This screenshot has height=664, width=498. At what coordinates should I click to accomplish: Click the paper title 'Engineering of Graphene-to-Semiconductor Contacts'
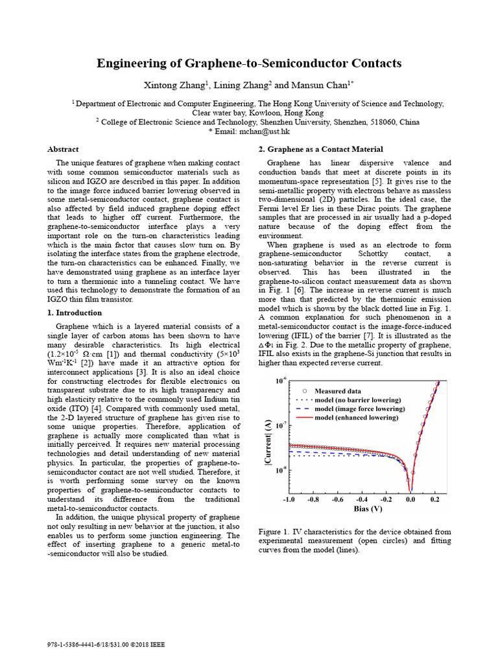tap(249, 64)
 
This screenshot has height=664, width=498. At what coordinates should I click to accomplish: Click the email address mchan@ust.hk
tap(262, 131)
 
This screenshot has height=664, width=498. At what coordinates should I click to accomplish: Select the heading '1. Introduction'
tap(75, 313)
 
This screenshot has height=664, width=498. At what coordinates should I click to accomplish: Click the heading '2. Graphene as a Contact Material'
tap(320, 149)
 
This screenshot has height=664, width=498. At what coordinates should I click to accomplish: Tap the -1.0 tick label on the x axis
tap(290, 500)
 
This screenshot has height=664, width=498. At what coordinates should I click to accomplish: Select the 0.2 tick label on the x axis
tap(434, 500)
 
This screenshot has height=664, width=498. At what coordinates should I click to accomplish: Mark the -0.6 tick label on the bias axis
tap(338, 500)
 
